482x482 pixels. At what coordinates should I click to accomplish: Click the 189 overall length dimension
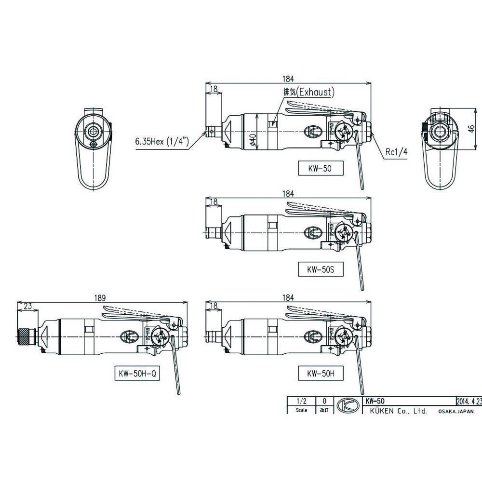[100, 298]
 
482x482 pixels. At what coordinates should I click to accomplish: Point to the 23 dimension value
[27, 305]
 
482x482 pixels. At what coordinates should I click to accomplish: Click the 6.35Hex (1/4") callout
[161, 143]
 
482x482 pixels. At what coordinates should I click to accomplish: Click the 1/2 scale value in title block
[301, 401]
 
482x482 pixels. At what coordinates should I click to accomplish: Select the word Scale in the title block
[301, 410]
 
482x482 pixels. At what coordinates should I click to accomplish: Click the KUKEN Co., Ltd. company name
[396, 411]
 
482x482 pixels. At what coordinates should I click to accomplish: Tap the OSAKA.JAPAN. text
[456, 411]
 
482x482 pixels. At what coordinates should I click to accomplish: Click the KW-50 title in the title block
[375, 401]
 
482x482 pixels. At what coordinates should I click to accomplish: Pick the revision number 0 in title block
[324, 401]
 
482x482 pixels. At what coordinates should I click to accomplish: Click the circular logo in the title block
[346, 406]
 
